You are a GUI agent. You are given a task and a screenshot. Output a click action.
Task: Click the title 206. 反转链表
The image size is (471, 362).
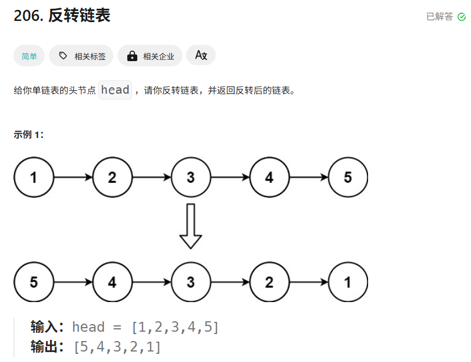62,16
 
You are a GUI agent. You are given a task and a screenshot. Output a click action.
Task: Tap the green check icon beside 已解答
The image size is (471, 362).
462,17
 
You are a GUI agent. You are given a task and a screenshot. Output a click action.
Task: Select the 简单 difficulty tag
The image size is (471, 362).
29,56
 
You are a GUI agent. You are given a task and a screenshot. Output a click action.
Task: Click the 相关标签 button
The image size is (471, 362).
81,56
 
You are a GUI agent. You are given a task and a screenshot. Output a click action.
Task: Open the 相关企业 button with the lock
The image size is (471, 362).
150,56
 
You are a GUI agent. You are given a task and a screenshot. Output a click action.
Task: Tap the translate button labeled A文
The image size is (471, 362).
201,55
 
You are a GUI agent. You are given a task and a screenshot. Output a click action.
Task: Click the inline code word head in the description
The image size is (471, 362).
115,90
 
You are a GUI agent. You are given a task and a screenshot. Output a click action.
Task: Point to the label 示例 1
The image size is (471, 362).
28,135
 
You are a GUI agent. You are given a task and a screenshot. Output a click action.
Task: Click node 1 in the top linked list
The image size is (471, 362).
34,178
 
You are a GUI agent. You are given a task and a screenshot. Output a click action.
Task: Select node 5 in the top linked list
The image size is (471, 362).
348,178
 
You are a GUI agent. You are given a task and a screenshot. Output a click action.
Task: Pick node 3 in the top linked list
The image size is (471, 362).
191,178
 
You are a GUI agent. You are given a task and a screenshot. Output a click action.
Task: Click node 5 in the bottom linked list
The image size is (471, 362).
34,282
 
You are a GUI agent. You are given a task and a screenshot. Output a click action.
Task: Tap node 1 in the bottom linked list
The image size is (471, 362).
348,282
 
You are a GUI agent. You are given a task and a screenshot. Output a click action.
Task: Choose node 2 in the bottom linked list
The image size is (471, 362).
269,282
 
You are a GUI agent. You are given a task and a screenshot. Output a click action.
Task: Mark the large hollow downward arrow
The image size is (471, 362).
191,226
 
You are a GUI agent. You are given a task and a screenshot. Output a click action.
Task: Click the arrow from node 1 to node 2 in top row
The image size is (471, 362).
73,178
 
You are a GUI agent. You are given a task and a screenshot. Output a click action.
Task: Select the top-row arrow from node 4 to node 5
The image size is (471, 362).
308,178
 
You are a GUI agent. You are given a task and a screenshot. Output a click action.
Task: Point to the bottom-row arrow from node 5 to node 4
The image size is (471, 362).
73,282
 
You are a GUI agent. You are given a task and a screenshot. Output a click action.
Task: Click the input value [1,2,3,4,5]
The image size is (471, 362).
175,327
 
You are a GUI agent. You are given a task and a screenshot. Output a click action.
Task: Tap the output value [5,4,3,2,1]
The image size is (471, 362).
117,347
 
